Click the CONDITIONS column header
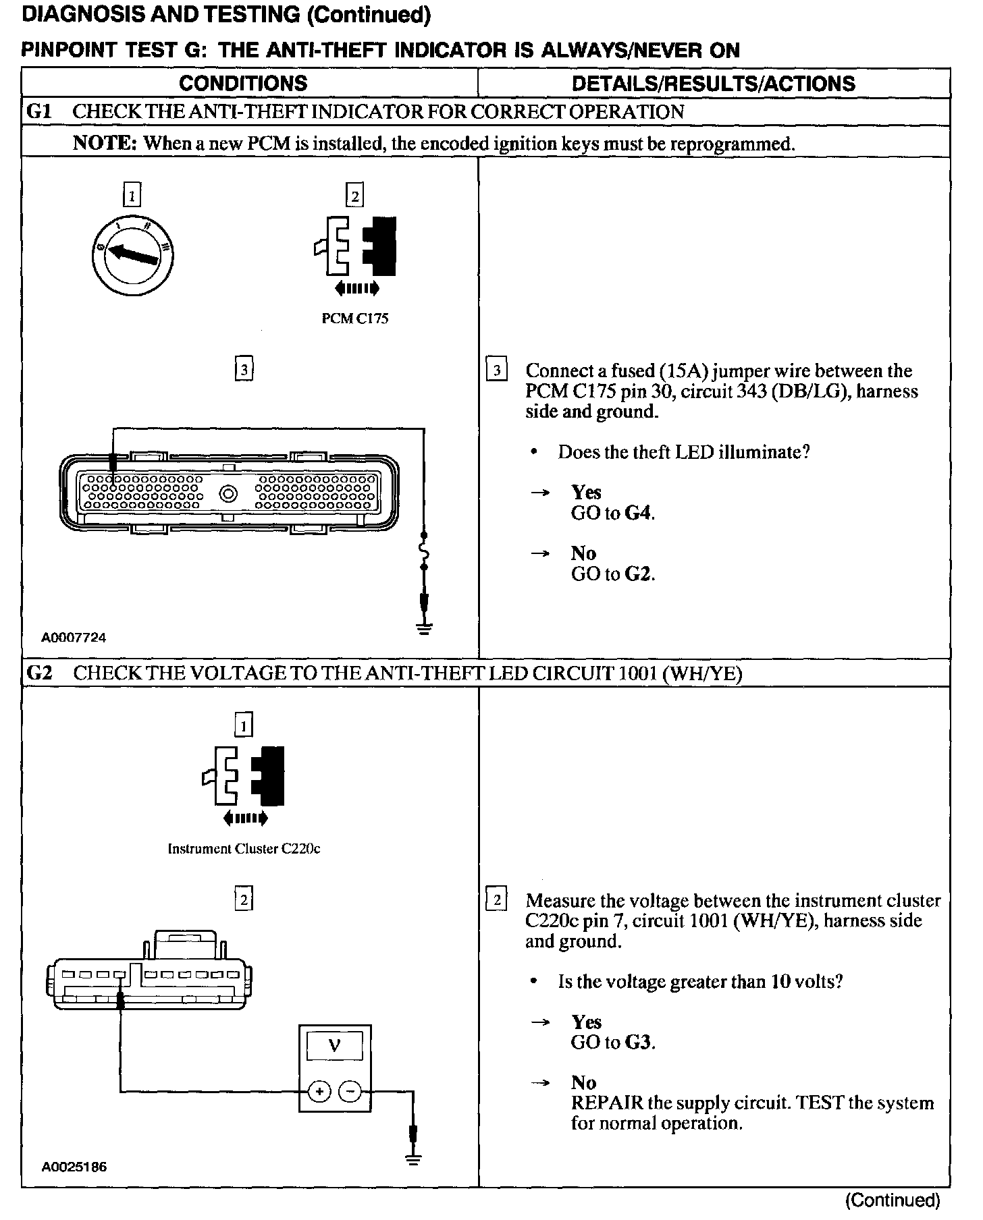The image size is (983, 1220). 243,84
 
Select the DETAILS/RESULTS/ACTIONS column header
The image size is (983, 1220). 713,84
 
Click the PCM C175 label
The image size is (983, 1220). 354,318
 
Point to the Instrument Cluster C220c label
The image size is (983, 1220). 244,849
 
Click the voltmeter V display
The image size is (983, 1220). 334,1047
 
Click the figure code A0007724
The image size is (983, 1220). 74,638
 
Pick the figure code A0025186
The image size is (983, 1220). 74,1167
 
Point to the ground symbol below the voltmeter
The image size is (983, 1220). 414,1159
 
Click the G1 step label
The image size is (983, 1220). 39,112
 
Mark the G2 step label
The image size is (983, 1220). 39,673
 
